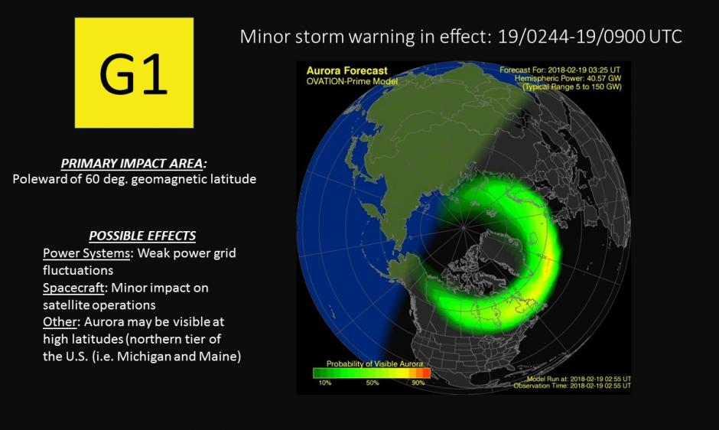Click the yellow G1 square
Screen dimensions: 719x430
(x=134, y=73)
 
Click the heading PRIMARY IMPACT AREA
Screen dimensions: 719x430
(x=133, y=164)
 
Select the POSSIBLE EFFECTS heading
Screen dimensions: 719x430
(x=142, y=236)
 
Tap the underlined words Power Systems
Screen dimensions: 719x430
(x=86, y=253)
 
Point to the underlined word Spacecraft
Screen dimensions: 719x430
(x=73, y=288)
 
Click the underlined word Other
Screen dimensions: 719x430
(x=60, y=321)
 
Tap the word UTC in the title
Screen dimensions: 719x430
(x=665, y=37)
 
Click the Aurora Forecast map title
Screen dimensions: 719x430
(x=346, y=70)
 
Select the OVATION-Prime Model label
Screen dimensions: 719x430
(x=352, y=81)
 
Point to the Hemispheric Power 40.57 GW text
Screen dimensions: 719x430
(x=568, y=79)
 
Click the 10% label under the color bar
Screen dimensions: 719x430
(x=324, y=383)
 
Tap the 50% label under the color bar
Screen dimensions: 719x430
(x=373, y=383)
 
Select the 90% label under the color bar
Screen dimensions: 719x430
(x=418, y=383)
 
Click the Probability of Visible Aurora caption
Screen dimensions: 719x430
(x=375, y=364)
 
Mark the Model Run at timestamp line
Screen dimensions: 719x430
(x=579, y=379)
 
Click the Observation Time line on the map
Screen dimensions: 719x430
(x=572, y=386)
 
